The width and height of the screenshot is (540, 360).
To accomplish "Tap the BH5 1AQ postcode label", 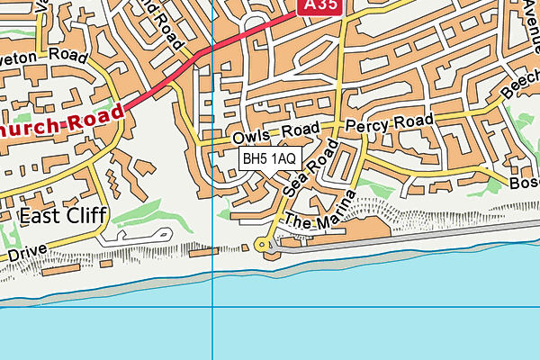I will [269, 158].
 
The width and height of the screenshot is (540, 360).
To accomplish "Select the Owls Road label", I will [269, 135].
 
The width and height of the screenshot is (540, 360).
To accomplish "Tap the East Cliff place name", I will [62, 215].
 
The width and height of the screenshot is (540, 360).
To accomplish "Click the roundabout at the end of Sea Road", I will [264, 243].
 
